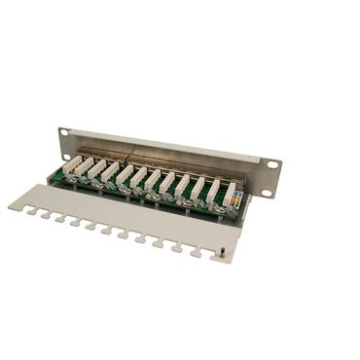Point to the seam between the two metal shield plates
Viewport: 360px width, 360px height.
point(129,154)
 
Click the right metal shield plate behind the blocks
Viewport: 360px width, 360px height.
point(175,162)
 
